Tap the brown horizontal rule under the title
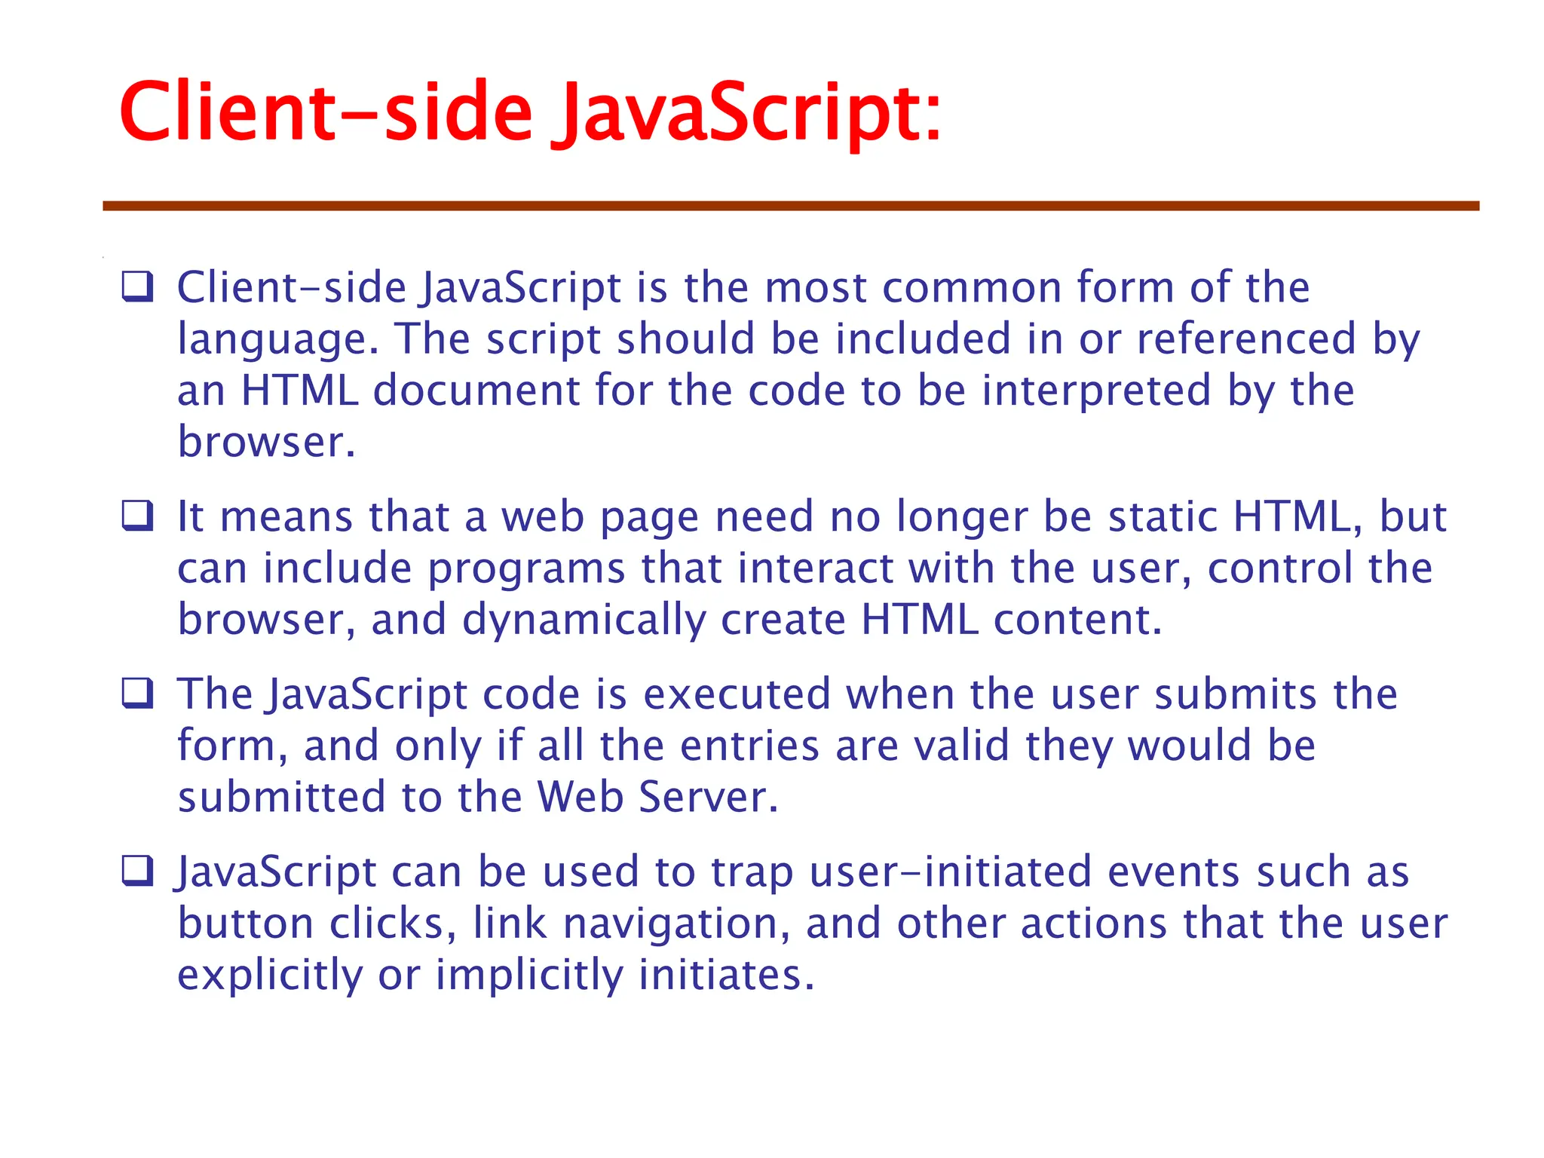pyautogui.click(x=791, y=206)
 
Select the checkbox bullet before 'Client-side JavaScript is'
pyautogui.click(x=138, y=287)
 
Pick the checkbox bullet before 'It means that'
pyautogui.click(x=138, y=516)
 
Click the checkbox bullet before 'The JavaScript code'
pyautogui.click(x=138, y=694)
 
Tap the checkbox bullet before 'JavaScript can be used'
pyautogui.click(x=138, y=872)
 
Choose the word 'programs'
pyautogui.click(x=526, y=569)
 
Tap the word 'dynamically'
pyautogui.click(x=584, y=620)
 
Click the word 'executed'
pyautogui.click(x=737, y=694)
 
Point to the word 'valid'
pyautogui.click(x=961, y=746)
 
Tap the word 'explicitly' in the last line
pyautogui.click(x=270, y=976)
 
